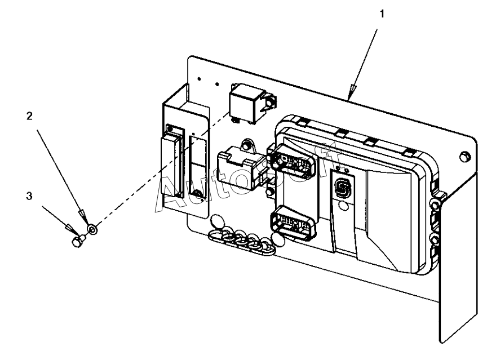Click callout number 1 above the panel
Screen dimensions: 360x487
383,14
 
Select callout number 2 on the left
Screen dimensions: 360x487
29,115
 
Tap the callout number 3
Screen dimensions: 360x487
29,197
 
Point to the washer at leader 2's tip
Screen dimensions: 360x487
92,230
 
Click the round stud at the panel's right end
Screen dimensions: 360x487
464,156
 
